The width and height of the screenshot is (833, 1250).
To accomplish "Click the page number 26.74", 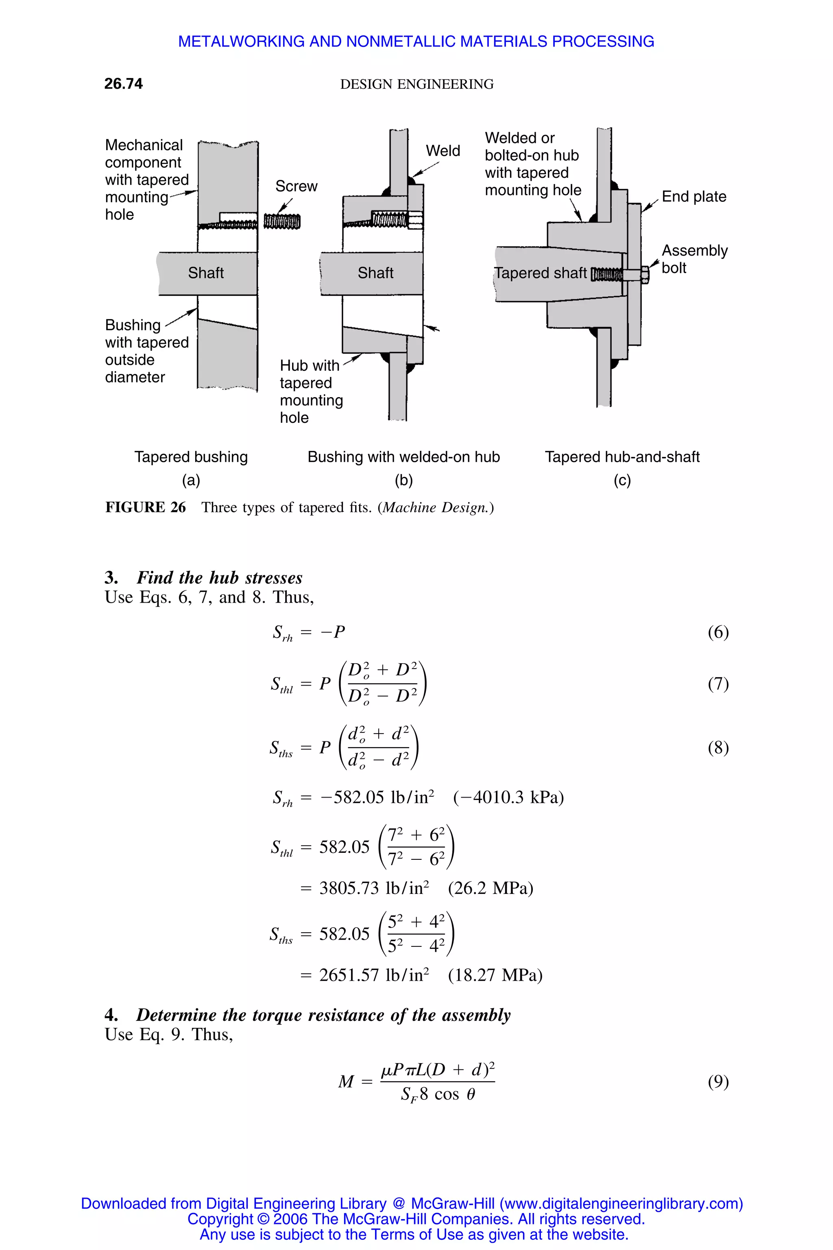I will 123,83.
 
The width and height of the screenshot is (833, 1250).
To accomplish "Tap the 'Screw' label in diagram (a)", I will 296,186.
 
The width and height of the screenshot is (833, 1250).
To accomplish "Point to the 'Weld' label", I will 443,151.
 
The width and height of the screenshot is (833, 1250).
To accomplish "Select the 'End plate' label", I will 694,197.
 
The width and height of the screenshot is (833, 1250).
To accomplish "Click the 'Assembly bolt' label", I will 694,259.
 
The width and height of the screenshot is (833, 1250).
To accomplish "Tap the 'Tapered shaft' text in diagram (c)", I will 540,273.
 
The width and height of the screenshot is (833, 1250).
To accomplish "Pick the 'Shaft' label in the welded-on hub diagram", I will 375,273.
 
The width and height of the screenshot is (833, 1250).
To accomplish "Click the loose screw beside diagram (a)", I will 282,221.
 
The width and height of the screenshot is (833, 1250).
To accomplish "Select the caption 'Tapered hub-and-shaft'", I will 622,457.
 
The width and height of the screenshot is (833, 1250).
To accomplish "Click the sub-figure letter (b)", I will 404,481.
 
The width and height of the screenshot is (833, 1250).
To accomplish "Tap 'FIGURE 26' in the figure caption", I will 146,507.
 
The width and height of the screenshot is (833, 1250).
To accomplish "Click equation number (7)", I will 718,684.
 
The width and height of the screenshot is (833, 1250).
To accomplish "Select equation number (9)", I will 718,1082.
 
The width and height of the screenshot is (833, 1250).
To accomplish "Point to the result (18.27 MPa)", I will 495,975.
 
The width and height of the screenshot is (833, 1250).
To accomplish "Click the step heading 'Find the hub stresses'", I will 219,578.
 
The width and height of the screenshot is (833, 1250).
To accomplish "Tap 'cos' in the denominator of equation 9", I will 447,1095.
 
